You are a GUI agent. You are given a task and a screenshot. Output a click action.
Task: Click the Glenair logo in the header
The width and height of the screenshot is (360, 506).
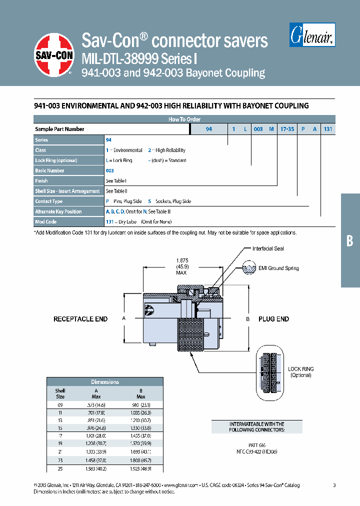tap(312, 36)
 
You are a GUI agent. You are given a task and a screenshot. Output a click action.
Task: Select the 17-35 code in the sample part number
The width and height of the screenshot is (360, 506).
tap(287, 129)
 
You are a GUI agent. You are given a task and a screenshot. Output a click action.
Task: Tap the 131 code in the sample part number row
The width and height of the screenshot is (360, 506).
tap(327, 129)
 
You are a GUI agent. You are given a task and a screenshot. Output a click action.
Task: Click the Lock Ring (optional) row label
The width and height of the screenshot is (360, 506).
tap(56, 160)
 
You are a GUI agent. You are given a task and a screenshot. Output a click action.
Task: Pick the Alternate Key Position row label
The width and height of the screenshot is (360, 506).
tap(58, 211)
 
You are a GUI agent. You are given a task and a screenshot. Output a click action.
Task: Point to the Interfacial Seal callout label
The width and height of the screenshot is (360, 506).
tap(268, 248)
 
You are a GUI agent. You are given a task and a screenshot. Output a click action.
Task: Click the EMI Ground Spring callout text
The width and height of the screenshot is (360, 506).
tap(279, 268)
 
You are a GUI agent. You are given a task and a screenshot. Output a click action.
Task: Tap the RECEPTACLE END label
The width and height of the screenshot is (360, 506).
tap(80, 319)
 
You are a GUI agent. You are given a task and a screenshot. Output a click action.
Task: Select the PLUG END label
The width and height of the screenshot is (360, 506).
tap(273, 319)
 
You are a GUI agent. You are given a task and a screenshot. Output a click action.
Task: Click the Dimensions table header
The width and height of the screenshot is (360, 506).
tap(105, 382)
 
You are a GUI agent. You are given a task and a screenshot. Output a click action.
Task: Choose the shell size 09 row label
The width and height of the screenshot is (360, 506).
tap(60, 404)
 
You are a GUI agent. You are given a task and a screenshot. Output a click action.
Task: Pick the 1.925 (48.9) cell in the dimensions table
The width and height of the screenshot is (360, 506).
tap(140, 468)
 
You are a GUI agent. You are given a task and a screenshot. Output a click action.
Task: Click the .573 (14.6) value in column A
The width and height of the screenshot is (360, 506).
tap(96, 404)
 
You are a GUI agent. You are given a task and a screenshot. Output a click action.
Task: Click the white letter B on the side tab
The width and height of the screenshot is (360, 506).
tap(349, 241)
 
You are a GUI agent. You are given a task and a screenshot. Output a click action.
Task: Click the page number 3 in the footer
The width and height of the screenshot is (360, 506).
tap(334, 485)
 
